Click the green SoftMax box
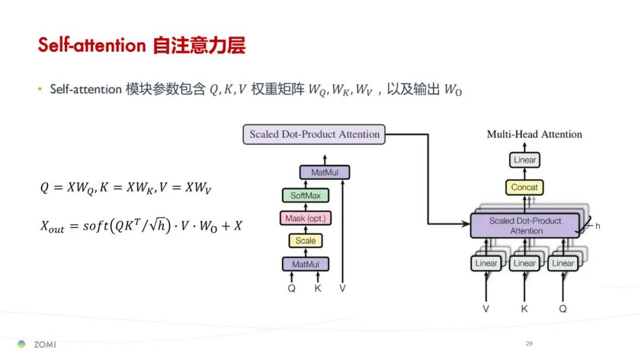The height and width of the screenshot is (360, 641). pos(306,195)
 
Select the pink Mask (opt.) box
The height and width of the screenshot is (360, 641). pos(306,218)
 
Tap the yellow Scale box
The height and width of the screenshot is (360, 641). pos(306,241)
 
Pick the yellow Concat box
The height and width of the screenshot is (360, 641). pos(525,187)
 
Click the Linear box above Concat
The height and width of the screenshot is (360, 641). pos(525,160)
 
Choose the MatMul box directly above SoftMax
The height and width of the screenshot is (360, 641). pos(325,173)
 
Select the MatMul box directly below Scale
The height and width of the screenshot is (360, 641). pos(306,265)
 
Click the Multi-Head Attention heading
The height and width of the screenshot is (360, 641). pos(534,134)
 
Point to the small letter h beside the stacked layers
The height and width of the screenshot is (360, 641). pos(598,226)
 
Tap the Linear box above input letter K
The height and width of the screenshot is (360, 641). pos(525,263)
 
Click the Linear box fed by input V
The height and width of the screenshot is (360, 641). pos(486,263)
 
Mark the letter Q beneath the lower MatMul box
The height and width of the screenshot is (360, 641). pos(291,288)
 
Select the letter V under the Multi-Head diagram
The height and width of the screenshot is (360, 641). pos(486,309)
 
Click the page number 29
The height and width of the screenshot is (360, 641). pos(529,343)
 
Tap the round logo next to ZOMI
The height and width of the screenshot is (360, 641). pos(22,344)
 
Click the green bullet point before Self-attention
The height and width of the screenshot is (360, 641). pos(40,89)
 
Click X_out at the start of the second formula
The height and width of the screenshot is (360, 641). pos(52,226)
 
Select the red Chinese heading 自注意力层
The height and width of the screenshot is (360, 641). pos(199,45)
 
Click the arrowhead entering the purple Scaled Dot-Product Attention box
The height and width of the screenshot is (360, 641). pos(467,224)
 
